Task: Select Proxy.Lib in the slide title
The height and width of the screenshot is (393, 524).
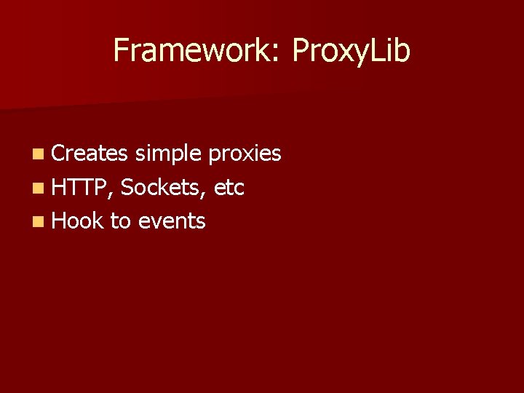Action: (351, 51)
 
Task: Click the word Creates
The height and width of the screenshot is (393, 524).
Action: (90, 154)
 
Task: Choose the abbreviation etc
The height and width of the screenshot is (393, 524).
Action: (230, 188)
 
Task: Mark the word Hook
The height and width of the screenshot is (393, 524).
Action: (78, 221)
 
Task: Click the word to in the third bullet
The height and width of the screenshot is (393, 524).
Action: (119, 221)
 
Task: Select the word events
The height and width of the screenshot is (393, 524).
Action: (171, 221)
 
